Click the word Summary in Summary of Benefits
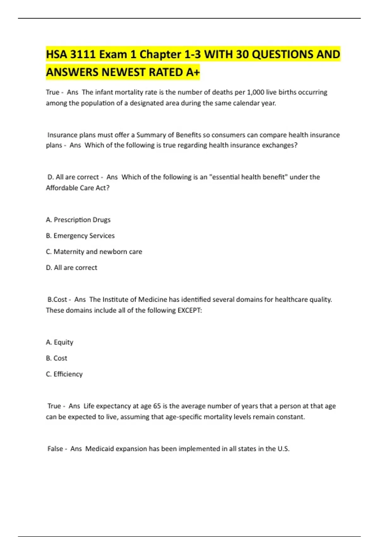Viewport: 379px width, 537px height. pos(151,135)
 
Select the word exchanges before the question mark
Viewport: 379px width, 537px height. pos(280,145)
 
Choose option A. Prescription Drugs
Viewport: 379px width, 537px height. pos(78,220)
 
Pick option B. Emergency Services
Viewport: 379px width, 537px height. pos(80,236)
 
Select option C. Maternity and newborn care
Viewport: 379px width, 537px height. pos(94,252)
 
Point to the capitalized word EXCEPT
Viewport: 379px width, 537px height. pos(189,310)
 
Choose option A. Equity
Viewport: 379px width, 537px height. pos(60,342)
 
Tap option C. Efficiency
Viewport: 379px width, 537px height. pos(64,374)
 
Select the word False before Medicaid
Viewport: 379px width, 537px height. pos(55,449)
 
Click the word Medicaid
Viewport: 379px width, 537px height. pos(99,449)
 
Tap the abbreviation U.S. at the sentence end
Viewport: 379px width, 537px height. pos(283,449)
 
